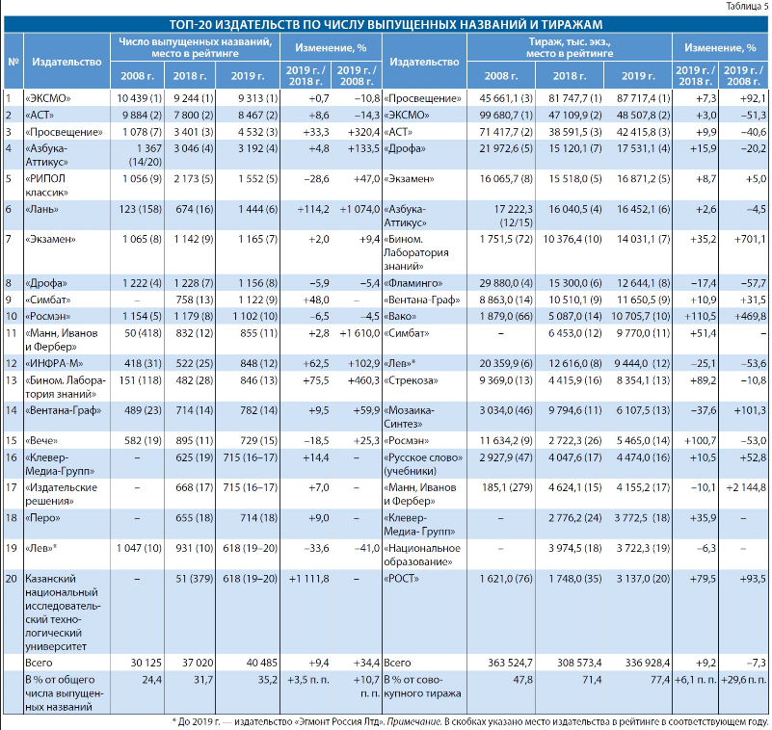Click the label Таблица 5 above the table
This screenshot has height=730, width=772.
(x=746, y=7)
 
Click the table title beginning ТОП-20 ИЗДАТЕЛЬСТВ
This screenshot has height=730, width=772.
(x=386, y=25)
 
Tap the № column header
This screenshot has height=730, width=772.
(x=13, y=62)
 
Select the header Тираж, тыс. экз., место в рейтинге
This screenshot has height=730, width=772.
(x=570, y=48)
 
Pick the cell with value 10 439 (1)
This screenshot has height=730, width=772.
(x=139, y=98)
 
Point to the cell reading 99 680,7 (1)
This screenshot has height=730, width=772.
(x=506, y=116)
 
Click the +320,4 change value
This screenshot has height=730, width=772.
(x=363, y=132)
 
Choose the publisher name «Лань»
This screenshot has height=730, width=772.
(x=41, y=210)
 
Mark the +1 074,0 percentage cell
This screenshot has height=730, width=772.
(x=359, y=210)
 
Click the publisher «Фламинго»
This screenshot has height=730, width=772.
(x=413, y=283)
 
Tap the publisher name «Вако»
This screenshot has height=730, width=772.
(x=400, y=316)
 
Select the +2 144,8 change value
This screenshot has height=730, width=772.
(x=746, y=487)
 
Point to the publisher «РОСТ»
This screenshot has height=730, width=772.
(x=401, y=579)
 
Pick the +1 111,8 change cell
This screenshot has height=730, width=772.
(x=308, y=579)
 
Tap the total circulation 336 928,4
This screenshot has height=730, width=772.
(x=648, y=663)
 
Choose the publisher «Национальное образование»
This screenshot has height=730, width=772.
(x=422, y=555)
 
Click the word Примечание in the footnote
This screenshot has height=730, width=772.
(x=413, y=721)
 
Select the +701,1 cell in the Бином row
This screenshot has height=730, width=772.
(x=750, y=239)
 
